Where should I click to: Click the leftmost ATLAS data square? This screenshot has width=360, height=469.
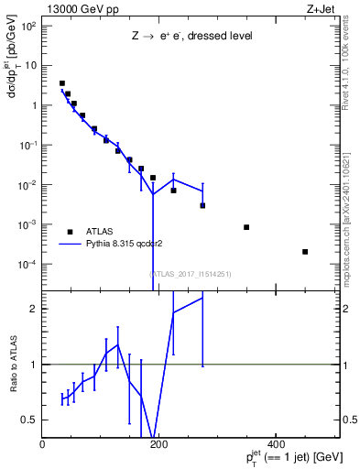click(62, 83)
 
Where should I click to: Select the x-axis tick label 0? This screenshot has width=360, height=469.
click(42, 444)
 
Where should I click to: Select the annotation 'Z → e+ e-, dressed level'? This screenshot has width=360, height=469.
click(191, 36)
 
